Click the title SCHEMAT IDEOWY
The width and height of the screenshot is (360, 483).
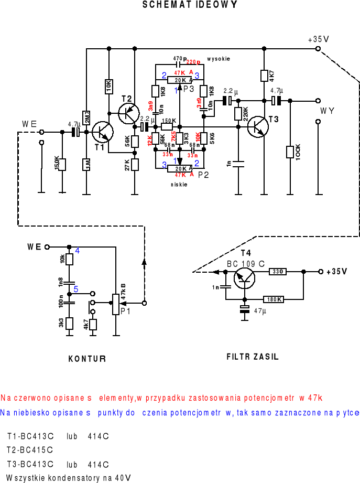click(190, 5)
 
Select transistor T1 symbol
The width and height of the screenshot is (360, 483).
click(103, 132)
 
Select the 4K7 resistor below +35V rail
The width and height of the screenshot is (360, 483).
click(265, 76)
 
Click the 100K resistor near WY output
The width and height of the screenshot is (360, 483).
click(290, 152)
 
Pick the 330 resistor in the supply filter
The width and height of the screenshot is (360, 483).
click(278, 272)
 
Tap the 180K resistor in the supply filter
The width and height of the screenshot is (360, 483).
click(272, 299)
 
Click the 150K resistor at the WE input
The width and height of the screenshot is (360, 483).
click(62, 164)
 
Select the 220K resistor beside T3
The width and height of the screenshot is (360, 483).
click(238, 114)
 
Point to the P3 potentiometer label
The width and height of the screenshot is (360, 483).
click(189, 89)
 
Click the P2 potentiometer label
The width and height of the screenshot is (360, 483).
click(203, 175)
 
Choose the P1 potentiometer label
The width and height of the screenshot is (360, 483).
click(126, 311)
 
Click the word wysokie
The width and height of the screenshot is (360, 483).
click(219, 58)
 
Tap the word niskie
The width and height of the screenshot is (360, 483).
click(179, 185)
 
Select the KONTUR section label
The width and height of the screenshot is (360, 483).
click(88, 359)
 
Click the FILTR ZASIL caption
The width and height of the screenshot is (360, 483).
click(253, 357)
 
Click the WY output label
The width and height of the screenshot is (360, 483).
click(328, 111)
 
